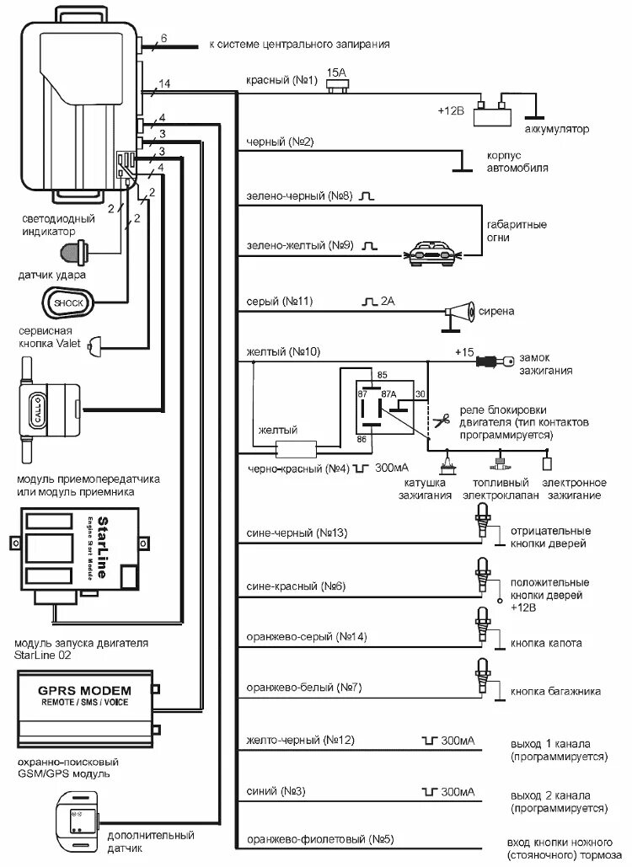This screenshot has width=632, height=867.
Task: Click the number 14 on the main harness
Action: [165, 83]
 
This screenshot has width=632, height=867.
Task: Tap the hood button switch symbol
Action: [483, 625]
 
